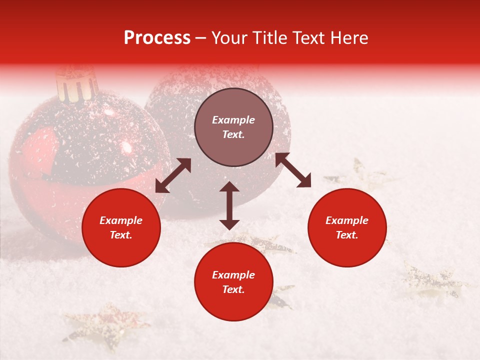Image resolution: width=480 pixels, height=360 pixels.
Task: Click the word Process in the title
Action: click(x=157, y=38)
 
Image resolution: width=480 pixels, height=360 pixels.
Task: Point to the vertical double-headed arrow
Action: click(x=229, y=205)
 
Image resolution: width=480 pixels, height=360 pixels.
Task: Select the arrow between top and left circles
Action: click(x=173, y=175)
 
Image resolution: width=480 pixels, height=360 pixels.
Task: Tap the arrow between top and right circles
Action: click(x=293, y=170)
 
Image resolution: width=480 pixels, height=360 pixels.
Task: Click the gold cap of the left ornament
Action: click(x=76, y=84)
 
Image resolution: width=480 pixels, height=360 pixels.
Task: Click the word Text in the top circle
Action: click(x=233, y=134)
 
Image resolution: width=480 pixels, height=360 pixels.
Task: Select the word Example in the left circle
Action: click(x=121, y=220)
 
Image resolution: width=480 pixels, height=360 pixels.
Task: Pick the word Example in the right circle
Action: click(x=347, y=220)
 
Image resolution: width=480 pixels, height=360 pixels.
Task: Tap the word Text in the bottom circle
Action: click(x=233, y=289)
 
